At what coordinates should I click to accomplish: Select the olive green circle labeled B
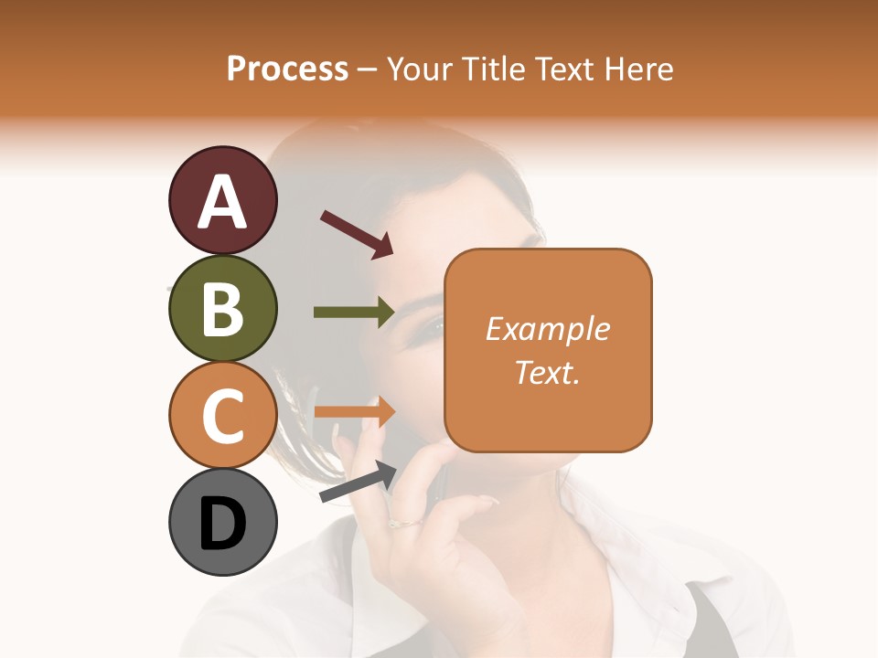[222, 309]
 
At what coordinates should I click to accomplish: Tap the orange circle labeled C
[222, 416]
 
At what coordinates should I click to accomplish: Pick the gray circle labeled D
[222, 523]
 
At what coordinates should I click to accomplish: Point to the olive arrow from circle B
[354, 312]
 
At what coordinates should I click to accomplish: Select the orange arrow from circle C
[354, 411]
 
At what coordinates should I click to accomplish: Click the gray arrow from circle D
[358, 482]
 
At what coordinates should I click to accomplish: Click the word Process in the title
[287, 69]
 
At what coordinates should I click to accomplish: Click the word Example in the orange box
[548, 329]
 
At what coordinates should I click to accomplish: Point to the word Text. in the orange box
[548, 372]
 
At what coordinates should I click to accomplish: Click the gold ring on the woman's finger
[404, 524]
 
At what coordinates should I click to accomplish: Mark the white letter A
[222, 201]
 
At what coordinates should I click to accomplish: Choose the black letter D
[222, 525]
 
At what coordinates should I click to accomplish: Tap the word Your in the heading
[421, 69]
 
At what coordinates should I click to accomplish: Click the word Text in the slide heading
[564, 69]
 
